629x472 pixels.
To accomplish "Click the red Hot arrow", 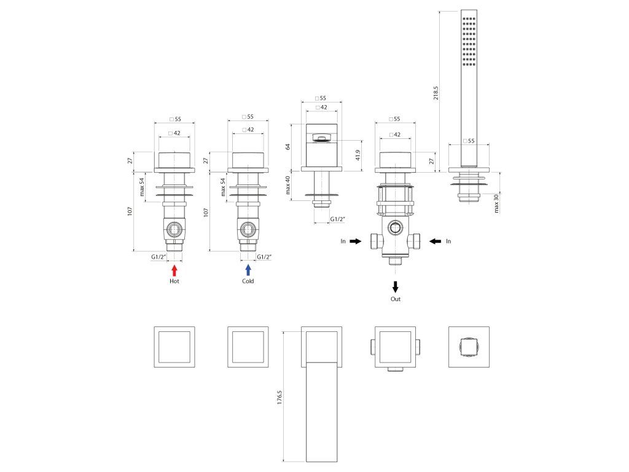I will pyautogui.click(x=174, y=269).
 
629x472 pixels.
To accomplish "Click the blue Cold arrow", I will pyautogui.click(x=248, y=269).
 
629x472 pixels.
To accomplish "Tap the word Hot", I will pyautogui.click(x=174, y=281).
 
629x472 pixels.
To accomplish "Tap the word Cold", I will pyautogui.click(x=248, y=281).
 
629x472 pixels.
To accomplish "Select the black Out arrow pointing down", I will pyautogui.click(x=396, y=286).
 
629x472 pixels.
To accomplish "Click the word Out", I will pyautogui.click(x=396, y=299).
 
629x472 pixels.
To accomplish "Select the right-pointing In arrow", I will pyautogui.click(x=355, y=242).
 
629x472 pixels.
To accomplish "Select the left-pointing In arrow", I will pyautogui.click(x=436, y=242).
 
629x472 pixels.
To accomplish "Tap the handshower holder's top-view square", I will pyautogui.click(x=469, y=347).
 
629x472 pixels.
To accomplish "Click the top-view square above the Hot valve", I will pyautogui.click(x=174, y=347).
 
